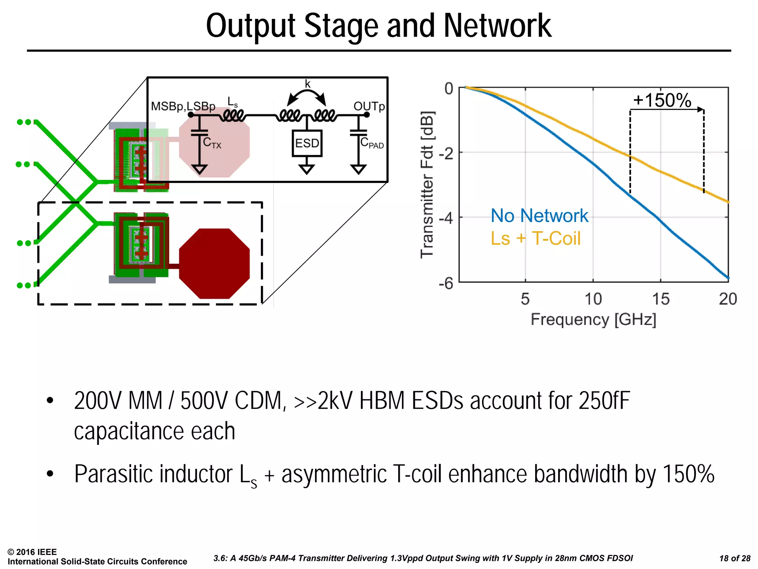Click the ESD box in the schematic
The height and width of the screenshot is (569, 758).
[x=307, y=143]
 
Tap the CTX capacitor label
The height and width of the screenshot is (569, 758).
[x=212, y=143]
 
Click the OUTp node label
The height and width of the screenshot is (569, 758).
[x=369, y=106]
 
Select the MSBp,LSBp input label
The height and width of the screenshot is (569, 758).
[x=183, y=107]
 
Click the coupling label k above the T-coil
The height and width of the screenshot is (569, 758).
[x=308, y=84]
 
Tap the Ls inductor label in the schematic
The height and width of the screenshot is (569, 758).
[x=232, y=102]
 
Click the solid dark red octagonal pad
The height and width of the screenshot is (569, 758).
[x=214, y=264]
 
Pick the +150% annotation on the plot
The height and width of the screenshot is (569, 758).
[x=662, y=100]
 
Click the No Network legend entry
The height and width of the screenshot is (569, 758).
[x=539, y=216]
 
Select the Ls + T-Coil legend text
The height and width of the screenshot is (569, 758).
[x=535, y=239]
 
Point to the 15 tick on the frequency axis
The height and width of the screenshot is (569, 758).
[x=661, y=299]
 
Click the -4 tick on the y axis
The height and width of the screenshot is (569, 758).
[x=446, y=218]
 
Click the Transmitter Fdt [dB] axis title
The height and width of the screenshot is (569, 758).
[x=427, y=184]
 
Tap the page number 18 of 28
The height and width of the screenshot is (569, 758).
[x=735, y=559]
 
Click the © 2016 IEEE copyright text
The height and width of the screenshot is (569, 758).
[x=32, y=552]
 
